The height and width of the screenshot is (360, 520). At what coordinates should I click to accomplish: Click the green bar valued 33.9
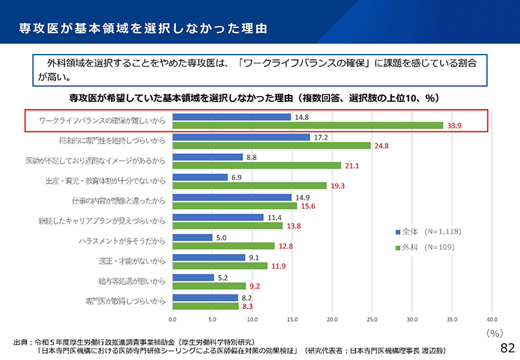(x=307, y=125)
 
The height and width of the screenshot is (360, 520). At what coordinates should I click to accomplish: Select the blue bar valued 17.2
(x=241, y=137)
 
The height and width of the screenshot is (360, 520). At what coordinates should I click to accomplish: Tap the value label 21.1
(x=352, y=166)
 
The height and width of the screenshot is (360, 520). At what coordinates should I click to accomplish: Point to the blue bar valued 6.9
(x=200, y=177)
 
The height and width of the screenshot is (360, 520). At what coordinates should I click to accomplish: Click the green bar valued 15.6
(x=235, y=205)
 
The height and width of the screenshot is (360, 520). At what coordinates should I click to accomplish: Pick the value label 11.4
(x=275, y=217)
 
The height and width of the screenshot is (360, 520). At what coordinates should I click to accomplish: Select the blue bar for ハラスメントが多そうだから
(x=192, y=237)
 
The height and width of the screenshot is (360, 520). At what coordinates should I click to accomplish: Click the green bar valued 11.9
(x=220, y=266)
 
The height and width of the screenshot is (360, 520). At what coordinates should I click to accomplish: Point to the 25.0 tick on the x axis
(x=372, y=320)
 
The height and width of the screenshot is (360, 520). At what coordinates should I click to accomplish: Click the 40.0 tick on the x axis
(x=491, y=320)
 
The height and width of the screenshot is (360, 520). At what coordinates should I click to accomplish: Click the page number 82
(x=506, y=348)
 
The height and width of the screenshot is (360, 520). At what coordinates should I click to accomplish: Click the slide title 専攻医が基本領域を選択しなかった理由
(x=142, y=29)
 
